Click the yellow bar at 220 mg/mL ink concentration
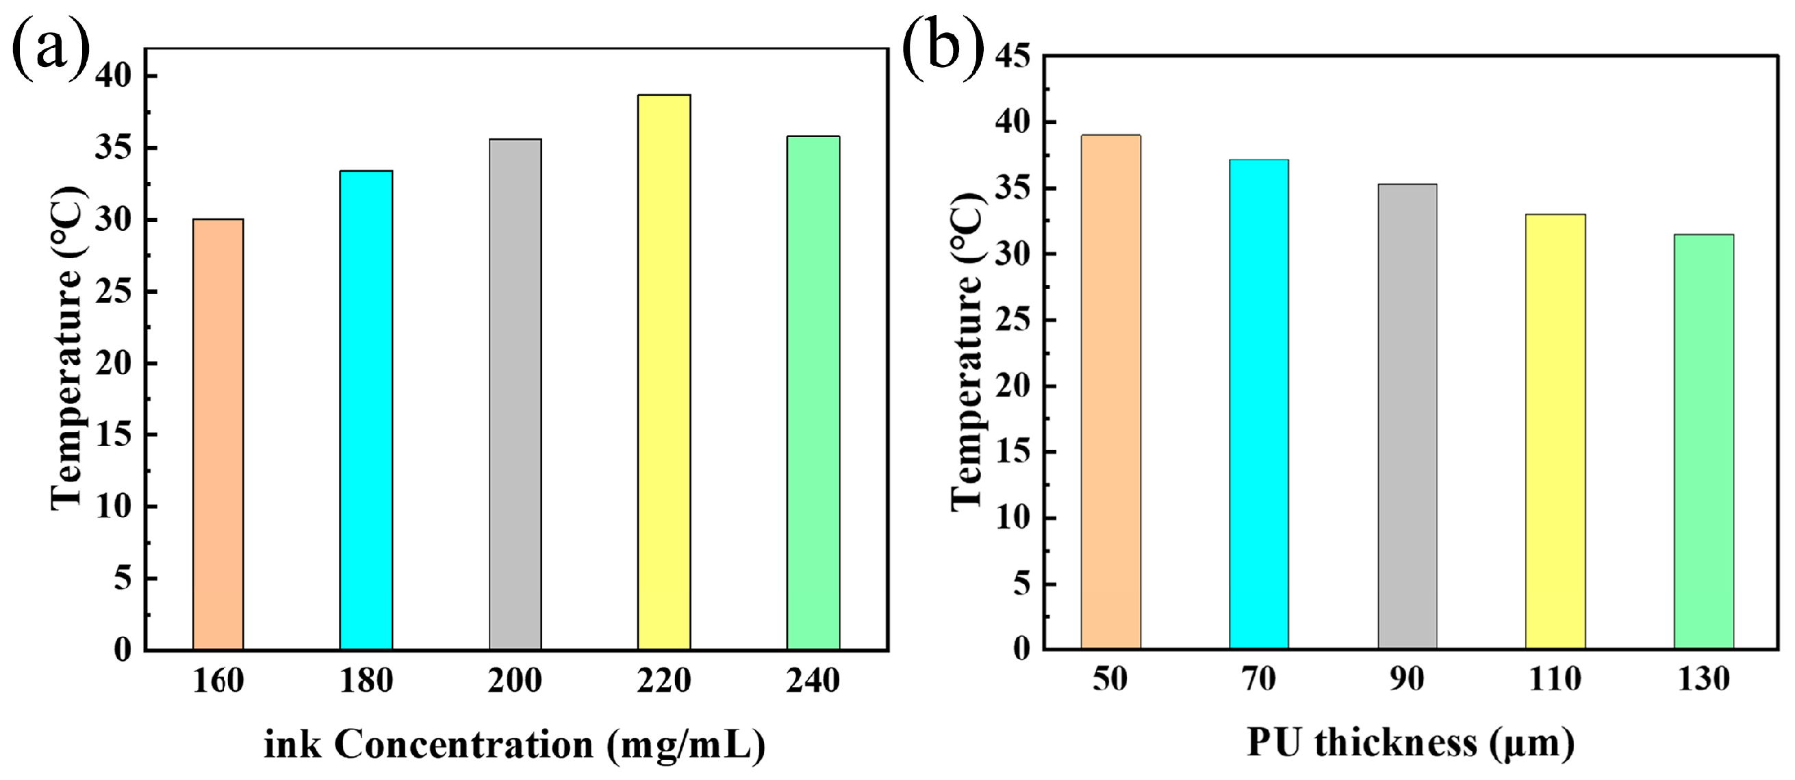point(664,373)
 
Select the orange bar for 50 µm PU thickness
point(1110,392)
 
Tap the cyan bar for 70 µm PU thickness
point(1259,404)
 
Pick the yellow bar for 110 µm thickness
point(1555,431)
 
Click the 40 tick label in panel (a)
point(114,75)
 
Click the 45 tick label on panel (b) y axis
point(1013,55)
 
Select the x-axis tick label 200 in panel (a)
point(515,680)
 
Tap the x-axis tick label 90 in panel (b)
point(1407,679)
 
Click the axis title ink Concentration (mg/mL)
point(514,744)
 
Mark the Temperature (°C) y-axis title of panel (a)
point(68,349)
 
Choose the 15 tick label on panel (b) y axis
point(1013,453)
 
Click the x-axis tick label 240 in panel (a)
point(813,680)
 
